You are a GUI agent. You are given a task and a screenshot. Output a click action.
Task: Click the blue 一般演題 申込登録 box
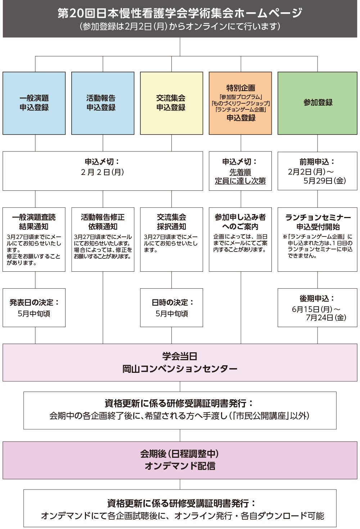coord(34,103)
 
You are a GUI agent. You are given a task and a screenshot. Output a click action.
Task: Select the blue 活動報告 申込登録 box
coord(103,103)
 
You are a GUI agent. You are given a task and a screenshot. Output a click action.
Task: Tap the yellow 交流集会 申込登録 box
coord(171,103)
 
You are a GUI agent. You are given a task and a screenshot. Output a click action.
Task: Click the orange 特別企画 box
coord(240,103)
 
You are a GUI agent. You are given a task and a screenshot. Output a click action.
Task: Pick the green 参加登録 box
coord(318,103)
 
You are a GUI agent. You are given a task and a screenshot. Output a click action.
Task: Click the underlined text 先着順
coord(240,172)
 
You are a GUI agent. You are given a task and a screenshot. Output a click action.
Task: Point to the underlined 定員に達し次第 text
coord(240,181)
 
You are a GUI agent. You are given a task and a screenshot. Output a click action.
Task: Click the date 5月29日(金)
coord(324,181)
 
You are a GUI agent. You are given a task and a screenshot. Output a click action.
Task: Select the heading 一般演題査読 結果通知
coord(34,222)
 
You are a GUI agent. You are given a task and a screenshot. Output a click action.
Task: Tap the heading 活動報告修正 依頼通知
coord(103,222)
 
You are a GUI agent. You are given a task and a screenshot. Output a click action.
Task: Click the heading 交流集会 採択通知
coord(171,222)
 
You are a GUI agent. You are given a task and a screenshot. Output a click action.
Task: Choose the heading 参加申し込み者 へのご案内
coord(240,222)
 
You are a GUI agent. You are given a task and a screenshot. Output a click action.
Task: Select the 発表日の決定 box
coord(34,308)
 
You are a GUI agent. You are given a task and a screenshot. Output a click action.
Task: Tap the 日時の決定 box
coord(172,308)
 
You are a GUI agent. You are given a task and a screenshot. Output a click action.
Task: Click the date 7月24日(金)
coord(326,317)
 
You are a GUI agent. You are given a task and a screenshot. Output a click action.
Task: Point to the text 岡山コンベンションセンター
coord(180,369)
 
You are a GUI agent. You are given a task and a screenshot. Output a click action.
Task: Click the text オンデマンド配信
coord(180,466)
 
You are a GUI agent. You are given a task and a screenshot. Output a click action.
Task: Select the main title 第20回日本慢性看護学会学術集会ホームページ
coord(180,13)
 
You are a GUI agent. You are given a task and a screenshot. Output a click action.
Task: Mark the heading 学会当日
coord(180,356)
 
